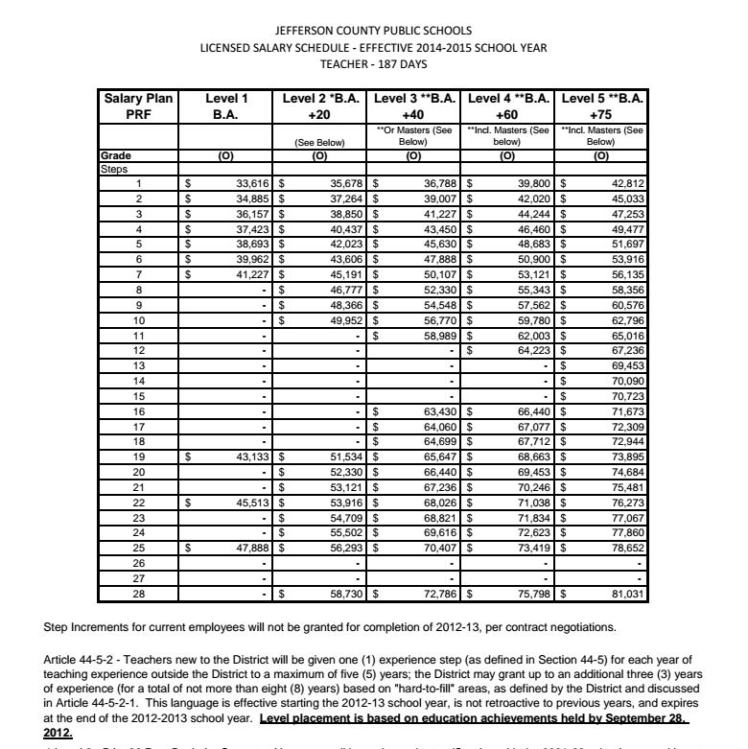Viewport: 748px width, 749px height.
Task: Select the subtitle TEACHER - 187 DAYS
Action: click(373, 64)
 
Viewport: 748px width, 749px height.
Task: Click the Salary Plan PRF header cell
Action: click(138, 105)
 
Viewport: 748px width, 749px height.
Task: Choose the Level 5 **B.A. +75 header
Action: click(601, 105)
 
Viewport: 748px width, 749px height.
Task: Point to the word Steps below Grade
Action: click(114, 169)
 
